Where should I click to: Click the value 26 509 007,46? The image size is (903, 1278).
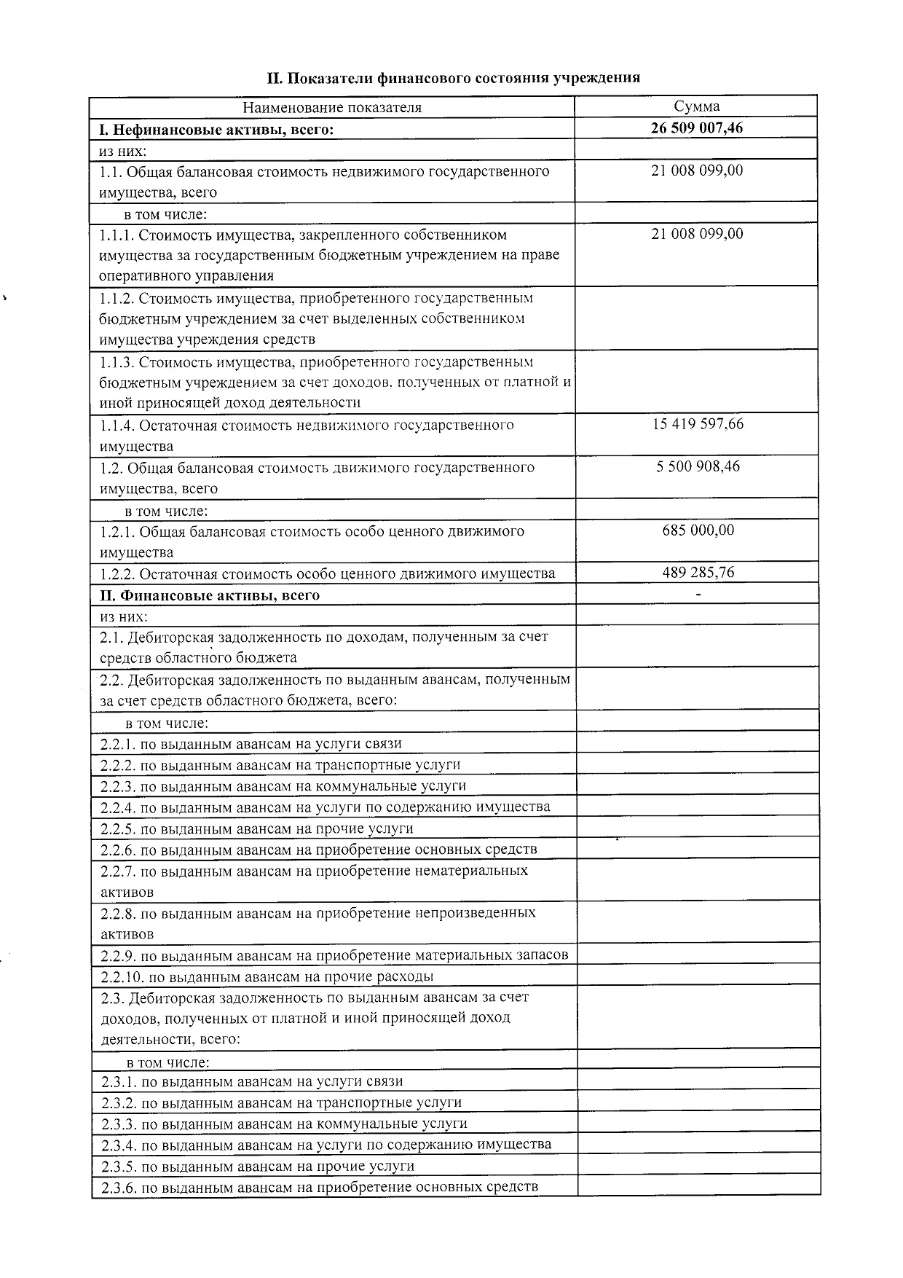click(697, 128)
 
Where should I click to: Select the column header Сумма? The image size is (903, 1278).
click(696, 106)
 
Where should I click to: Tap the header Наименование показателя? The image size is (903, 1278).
click(332, 107)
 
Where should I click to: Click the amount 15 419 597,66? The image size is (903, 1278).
click(698, 424)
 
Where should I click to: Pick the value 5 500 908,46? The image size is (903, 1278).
click(698, 466)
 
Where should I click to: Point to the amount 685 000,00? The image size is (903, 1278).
click(698, 530)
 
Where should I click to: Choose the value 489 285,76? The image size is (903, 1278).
click(698, 573)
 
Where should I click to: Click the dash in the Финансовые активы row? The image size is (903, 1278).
click(698, 595)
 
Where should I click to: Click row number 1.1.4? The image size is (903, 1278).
click(117, 426)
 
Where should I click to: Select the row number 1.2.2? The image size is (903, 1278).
click(117, 573)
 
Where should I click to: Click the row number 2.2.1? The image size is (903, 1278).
click(117, 744)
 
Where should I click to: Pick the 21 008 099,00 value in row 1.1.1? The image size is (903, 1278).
click(697, 234)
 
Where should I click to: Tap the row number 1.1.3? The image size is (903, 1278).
click(117, 362)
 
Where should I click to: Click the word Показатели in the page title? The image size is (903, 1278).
click(320, 77)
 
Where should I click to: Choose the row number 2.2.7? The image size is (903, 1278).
click(117, 871)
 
